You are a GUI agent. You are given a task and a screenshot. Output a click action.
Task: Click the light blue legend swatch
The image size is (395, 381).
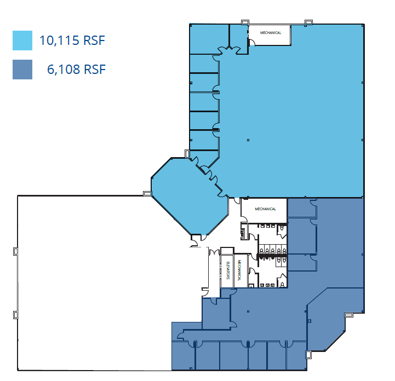[x=22, y=41]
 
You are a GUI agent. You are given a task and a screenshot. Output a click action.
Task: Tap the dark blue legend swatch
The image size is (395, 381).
[x=22, y=69]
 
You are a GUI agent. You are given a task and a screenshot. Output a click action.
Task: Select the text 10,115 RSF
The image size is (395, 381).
[x=72, y=41]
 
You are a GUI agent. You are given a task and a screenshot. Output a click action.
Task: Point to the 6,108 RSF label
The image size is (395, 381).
[x=76, y=70]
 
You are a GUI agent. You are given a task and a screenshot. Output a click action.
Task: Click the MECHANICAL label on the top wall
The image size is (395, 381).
[x=270, y=33]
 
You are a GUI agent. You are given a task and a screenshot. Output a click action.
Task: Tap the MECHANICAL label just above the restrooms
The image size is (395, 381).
[x=266, y=209]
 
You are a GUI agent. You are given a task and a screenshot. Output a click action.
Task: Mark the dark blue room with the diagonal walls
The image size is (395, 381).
[x=334, y=317]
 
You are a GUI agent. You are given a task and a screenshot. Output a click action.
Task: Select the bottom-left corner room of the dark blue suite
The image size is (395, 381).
[x=183, y=356]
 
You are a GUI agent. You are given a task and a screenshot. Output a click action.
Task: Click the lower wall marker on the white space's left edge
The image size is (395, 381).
[x=15, y=315]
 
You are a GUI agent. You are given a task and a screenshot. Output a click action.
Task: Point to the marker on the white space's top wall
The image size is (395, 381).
[x=147, y=193]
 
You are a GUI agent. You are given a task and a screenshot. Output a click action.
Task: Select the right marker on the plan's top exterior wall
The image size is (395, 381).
[x=308, y=22]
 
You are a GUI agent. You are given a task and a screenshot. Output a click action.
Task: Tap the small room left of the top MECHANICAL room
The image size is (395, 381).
[x=238, y=36]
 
